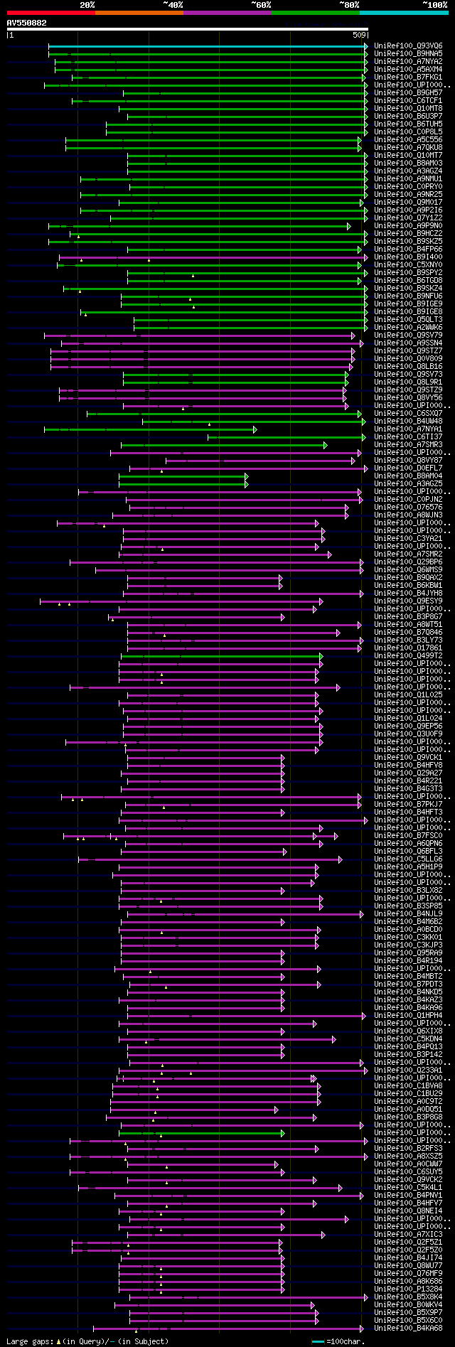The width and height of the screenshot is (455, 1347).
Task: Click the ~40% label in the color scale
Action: click(173, 4)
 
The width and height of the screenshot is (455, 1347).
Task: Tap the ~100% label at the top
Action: click(434, 4)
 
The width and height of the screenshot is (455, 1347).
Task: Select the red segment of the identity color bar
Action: click(50, 12)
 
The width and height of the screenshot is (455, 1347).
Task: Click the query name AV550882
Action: click(27, 23)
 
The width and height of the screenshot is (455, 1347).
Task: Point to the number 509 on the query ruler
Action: click(358, 34)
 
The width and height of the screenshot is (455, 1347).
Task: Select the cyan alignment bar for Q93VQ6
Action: click(206, 46)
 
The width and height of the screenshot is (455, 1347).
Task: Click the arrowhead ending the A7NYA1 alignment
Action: click(255, 429)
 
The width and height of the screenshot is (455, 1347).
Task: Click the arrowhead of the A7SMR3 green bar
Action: click(325, 445)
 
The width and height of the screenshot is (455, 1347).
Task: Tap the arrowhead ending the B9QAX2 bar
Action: click(281, 578)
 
